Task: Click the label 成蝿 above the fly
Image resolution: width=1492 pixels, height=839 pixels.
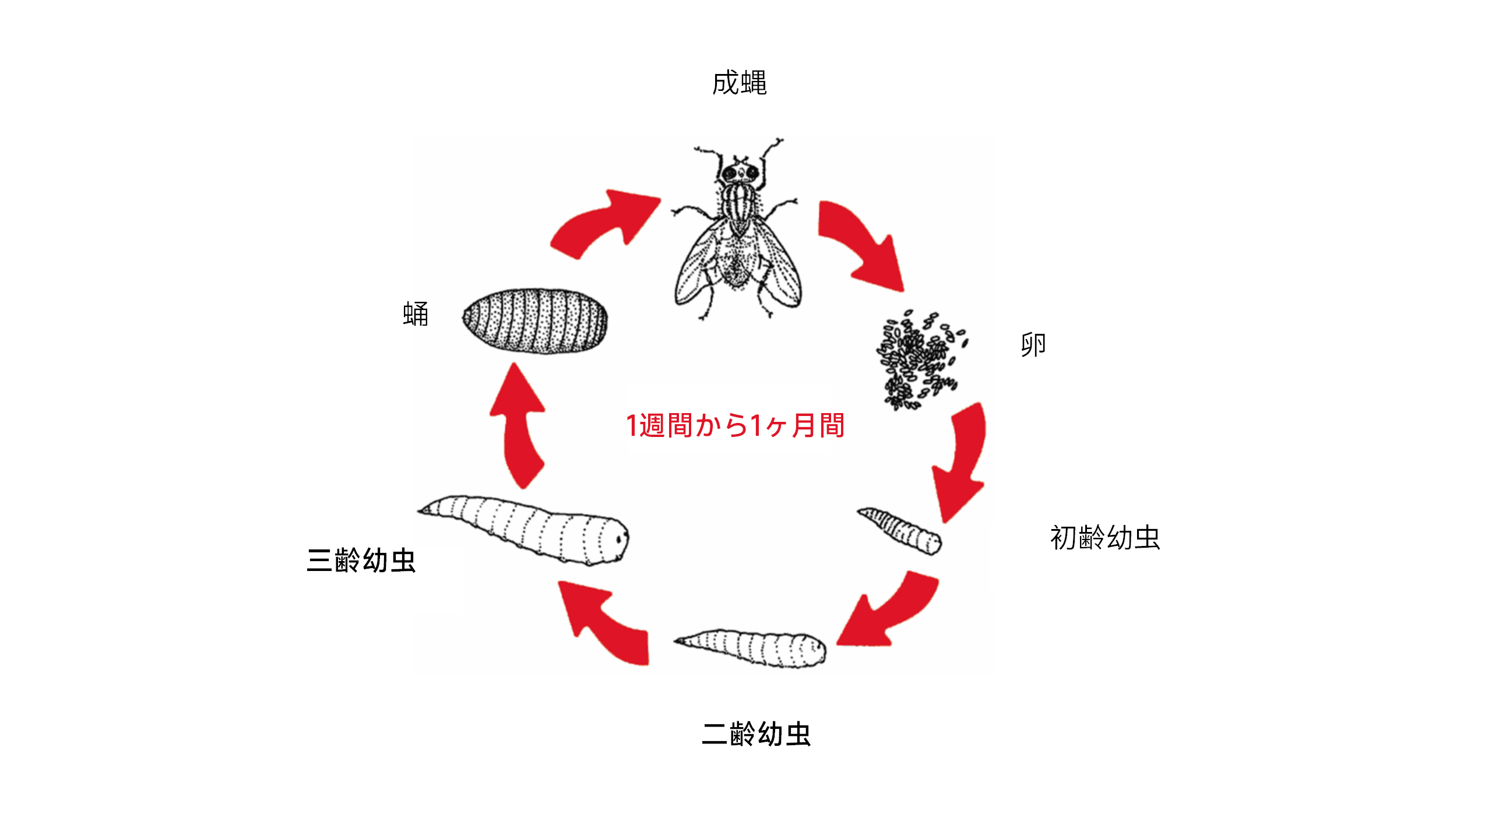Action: [739, 83]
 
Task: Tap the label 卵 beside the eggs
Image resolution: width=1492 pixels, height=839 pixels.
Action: [1033, 344]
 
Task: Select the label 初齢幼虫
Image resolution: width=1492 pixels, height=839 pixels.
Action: [1104, 537]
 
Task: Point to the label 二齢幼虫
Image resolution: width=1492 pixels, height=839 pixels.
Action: [756, 734]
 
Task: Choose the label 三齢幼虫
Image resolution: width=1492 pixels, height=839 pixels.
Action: [361, 560]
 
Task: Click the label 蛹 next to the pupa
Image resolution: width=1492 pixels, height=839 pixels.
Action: [416, 314]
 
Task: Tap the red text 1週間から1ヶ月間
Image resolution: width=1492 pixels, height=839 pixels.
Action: [735, 425]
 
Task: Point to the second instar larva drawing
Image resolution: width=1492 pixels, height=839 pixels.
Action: [751, 647]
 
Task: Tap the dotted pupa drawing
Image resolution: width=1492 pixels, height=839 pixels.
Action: [535, 320]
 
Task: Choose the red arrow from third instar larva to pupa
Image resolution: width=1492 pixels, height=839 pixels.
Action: [519, 425]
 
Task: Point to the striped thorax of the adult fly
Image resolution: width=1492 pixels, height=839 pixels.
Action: [739, 204]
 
